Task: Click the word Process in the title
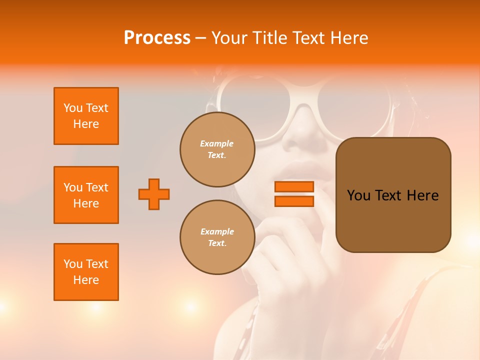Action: tap(157, 38)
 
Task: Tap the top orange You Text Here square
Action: tap(86, 116)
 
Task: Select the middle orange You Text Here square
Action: tap(86, 195)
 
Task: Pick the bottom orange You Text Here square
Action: tap(86, 272)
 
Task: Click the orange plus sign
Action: tap(154, 194)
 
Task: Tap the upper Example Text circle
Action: tap(217, 149)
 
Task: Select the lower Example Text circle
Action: tap(217, 237)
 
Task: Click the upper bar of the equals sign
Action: tap(294, 187)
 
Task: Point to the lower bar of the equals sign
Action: tap(294, 201)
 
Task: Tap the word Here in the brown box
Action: tap(422, 195)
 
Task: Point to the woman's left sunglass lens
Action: tap(250, 100)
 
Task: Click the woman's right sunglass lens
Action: tap(352, 102)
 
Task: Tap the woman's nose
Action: tap(300, 137)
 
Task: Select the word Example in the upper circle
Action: tap(217, 143)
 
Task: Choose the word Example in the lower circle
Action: tap(217, 231)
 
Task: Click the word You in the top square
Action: tap(73, 108)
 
